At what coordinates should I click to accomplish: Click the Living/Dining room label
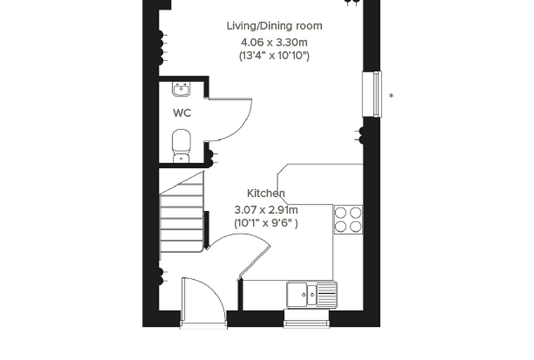click(x=275, y=26)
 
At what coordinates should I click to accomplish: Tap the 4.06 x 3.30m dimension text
click(x=274, y=42)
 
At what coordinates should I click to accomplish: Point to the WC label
click(x=182, y=112)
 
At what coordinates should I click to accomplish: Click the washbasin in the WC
click(x=181, y=89)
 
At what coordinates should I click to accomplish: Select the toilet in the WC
click(x=181, y=146)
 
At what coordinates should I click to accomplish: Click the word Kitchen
click(x=266, y=193)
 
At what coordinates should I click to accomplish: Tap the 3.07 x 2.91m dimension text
click(x=266, y=210)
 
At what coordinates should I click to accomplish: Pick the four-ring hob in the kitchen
click(x=348, y=219)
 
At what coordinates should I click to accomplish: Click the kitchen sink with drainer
click(x=312, y=295)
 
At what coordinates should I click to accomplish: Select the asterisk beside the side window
click(x=391, y=96)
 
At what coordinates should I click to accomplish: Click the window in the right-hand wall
click(x=372, y=94)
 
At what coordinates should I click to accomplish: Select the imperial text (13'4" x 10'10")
click(x=274, y=56)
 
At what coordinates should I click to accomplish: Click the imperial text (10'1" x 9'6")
click(x=266, y=223)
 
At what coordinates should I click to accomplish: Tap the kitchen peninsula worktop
click(x=320, y=184)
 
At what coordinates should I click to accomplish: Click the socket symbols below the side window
click(x=360, y=135)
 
